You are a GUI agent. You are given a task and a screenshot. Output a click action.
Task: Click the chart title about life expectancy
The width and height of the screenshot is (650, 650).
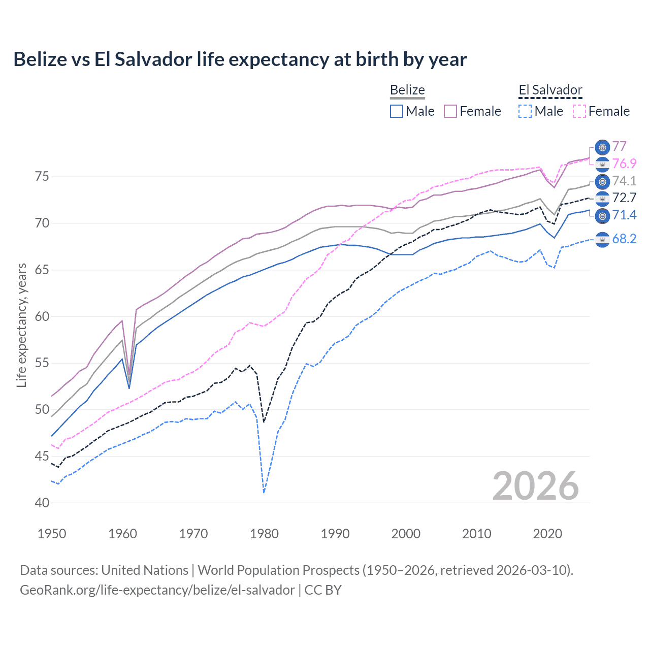click(x=240, y=59)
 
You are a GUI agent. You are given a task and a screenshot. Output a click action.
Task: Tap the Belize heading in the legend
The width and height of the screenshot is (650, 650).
click(x=407, y=90)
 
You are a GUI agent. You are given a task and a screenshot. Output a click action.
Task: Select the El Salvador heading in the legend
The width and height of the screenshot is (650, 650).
click(x=550, y=90)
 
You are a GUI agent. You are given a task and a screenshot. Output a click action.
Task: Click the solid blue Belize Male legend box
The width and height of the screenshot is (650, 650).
click(x=397, y=111)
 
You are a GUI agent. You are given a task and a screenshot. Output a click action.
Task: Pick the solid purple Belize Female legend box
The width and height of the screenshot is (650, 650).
click(x=450, y=111)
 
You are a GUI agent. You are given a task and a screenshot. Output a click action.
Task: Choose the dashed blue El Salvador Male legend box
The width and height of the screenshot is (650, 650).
click(x=525, y=111)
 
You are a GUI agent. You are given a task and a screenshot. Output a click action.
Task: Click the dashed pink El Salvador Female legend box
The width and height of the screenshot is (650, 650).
click(x=579, y=111)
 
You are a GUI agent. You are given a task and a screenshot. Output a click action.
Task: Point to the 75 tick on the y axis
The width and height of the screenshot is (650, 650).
click(x=42, y=177)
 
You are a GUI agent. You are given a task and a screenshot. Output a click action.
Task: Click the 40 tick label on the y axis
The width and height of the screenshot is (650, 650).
click(x=42, y=503)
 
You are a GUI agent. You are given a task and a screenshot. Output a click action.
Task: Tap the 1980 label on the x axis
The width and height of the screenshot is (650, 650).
click(x=264, y=534)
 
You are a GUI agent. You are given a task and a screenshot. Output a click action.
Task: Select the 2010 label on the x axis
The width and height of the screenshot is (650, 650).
click(x=476, y=534)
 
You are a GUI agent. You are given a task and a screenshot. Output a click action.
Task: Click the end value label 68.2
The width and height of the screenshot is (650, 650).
click(x=624, y=239)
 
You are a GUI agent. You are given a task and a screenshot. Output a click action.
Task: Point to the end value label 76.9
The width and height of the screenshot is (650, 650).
click(x=624, y=164)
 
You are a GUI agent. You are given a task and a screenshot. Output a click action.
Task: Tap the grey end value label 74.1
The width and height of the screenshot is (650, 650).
click(x=624, y=181)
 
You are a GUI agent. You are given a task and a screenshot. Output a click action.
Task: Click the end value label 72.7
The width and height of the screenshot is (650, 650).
click(x=624, y=198)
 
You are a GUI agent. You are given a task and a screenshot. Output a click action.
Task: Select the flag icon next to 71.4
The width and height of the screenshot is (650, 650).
click(x=602, y=215)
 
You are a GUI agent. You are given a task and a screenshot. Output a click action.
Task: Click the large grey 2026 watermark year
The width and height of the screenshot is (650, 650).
click(x=535, y=486)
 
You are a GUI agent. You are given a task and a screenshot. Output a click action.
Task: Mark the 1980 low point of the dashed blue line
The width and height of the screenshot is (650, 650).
click(x=264, y=492)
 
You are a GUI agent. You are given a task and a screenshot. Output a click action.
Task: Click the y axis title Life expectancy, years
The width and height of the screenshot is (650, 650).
click(x=21, y=325)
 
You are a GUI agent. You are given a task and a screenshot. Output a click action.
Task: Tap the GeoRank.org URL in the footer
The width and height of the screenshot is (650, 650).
click(x=157, y=590)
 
